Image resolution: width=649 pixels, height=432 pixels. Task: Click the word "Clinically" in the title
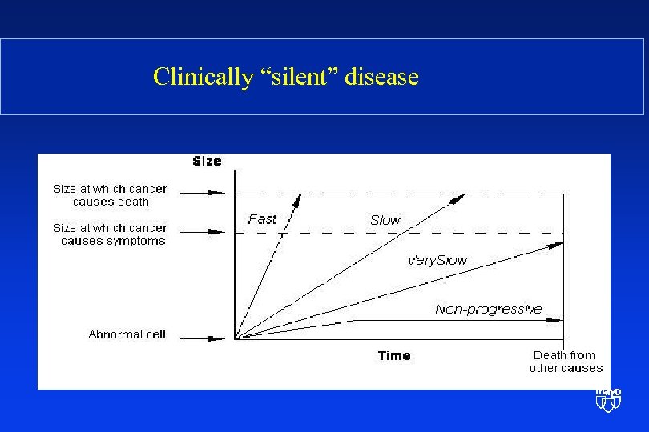click(x=201, y=77)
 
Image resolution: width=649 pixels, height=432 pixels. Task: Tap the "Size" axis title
click(x=207, y=162)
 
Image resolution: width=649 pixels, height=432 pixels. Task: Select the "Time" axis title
click(x=394, y=356)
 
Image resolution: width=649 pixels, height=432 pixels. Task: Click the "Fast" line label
click(x=262, y=219)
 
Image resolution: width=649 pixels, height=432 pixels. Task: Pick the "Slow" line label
click(x=385, y=220)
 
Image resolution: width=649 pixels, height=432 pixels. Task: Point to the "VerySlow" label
click(x=437, y=260)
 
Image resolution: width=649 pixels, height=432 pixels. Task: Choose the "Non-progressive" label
click(x=488, y=310)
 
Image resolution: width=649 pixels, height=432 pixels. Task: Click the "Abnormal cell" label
click(x=127, y=334)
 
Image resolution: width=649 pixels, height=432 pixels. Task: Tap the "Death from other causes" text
click(x=566, y=362)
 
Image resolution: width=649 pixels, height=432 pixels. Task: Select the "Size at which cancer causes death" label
click(x=111, y=195)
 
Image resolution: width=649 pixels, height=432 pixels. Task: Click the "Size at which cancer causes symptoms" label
click(x=110, y=234)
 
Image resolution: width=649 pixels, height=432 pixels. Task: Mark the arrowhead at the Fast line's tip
click(x=299, y=198)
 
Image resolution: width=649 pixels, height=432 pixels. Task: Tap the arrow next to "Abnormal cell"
click(x=215, y=338)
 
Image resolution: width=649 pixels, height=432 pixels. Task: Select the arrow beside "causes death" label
click(x=215, y=193)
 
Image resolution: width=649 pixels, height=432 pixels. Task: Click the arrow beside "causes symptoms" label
click(x=215, y=232)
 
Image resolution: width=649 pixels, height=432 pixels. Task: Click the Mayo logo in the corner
click(x=608, y=400)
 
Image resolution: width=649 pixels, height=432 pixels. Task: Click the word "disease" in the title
click(x=384, y=77)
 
